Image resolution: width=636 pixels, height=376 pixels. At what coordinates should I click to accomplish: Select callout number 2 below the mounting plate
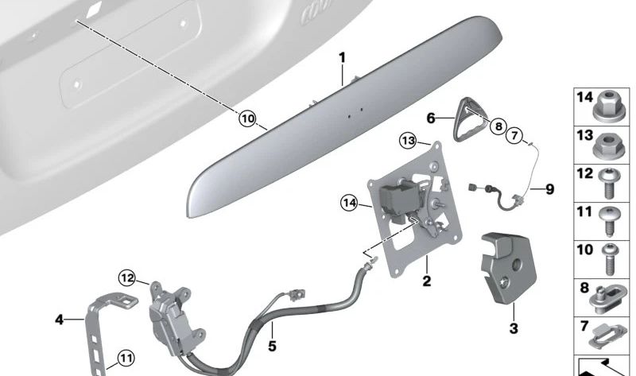tap(426, 281)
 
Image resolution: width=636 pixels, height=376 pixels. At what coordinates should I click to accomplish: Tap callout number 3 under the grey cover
tap(513, 327)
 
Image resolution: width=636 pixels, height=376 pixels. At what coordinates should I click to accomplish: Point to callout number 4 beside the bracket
tap(59, 320)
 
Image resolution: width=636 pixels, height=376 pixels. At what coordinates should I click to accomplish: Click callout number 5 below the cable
tap(271, 347)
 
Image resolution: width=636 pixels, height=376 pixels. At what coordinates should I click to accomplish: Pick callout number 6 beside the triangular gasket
tap(430, 118)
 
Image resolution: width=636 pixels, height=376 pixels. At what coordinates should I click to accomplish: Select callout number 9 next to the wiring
tap(549, 190)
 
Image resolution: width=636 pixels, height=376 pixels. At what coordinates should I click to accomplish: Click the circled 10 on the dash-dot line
tap(248, 119)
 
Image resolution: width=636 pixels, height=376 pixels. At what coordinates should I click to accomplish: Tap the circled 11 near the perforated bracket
tap(125, 359)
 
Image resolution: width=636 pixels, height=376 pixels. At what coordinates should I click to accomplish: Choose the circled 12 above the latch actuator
tap(129, 277)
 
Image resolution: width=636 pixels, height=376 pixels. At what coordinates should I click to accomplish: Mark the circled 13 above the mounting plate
tap(408, 141)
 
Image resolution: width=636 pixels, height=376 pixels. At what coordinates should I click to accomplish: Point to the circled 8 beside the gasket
tap(498, 126)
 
